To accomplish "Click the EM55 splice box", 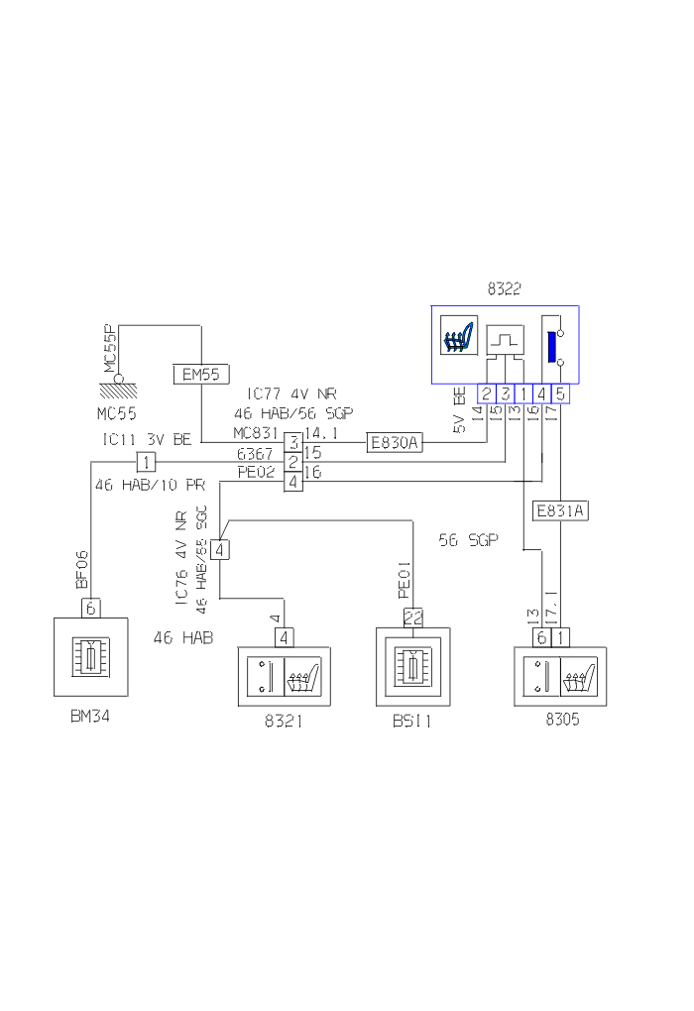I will click(x=201, y=374).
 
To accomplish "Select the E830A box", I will click(x=394, y=443).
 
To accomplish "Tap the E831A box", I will click(x=560, y=511).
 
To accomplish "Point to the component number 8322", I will click(x=504, y=289).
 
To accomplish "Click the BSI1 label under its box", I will click(x=411, y=722).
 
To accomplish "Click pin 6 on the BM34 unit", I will click(x=90, y=608).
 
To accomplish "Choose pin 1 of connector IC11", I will click(x=145, y=462).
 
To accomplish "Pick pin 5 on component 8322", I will click(x=560, y=394).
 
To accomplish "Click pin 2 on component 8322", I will click(x=487, y=394).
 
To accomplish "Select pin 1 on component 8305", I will click(x=562, y=637).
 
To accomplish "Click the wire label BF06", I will click(x=83, y=569).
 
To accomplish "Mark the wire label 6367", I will click(x=256, y=453).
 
